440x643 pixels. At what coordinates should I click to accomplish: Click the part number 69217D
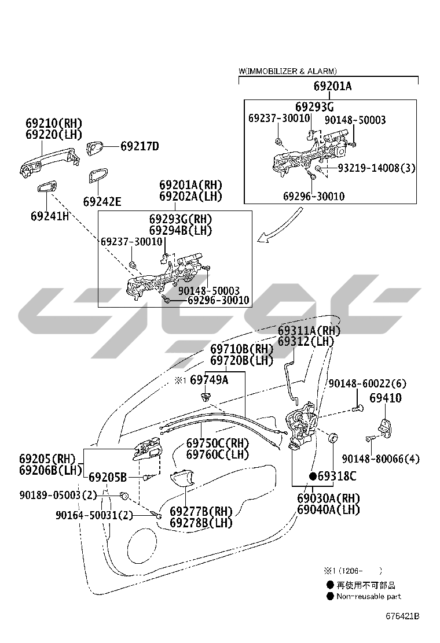click(x=140, y=147)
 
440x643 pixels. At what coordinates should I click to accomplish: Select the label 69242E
click(x=102, y=201)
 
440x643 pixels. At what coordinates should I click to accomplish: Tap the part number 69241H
click(x=50, y=216)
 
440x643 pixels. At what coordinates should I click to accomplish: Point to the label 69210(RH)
click(x=54, y=123)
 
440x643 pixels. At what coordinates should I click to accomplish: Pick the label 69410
click(x=386, y=398)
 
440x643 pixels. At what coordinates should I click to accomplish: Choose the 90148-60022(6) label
click(x=368, y=384)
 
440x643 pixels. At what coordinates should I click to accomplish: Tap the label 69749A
click(x=209, y=380)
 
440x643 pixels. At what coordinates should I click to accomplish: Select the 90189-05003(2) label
click(x=58, y=495)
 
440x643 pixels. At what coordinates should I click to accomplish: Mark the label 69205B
click(x=108, y=478)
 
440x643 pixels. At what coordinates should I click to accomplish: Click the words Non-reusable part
click(x=368, y=596)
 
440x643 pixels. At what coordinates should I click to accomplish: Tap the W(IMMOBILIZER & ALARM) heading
click(x=288, y=71)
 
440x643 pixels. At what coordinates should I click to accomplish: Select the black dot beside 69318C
click(x=313, y=476)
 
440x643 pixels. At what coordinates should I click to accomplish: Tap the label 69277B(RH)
click(x=201, y=511)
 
